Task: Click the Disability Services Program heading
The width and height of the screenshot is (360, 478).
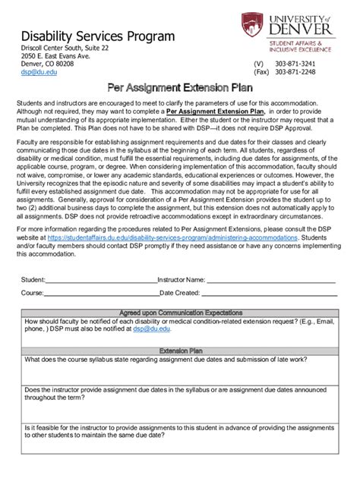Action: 97,36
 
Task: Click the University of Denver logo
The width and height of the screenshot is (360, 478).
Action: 286,33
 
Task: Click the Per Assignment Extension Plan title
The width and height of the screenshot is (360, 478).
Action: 179,88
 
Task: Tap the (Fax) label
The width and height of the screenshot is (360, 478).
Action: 262,74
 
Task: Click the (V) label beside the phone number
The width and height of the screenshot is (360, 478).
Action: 258,64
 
